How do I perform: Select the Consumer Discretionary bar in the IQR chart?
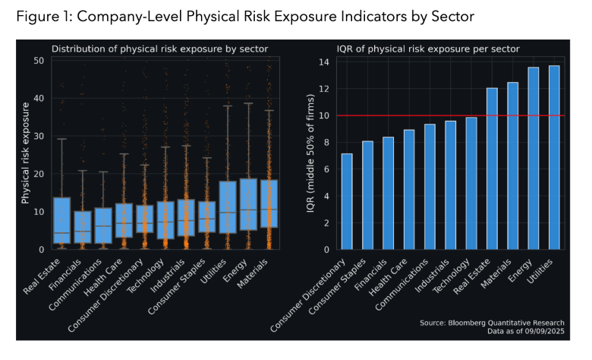click(x=347, y=201)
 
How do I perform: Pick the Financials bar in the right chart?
click(x=388, y=193)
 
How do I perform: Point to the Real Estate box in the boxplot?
click(x=63, y=220)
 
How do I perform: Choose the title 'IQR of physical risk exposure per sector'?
click(x=428, y=49)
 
